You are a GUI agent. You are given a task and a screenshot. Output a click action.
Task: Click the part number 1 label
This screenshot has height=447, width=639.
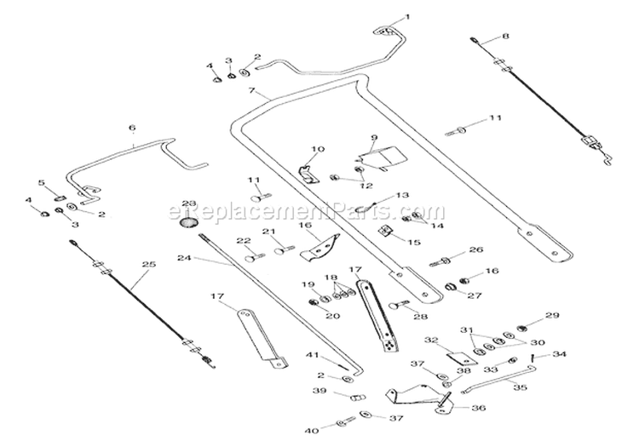pyautogui.click(x=406, y=18)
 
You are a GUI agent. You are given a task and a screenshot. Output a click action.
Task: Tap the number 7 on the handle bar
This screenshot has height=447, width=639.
pyautogui.click(x=251, y=90)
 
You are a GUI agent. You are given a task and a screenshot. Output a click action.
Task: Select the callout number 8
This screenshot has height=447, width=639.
pyautogui.click(x=505, y=37)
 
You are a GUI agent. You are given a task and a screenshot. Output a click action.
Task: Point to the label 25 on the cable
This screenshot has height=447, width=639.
pyautogui.click(x=149, y=264)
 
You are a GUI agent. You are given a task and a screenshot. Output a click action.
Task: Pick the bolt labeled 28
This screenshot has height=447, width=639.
pyautogui.click(x=399, y=305)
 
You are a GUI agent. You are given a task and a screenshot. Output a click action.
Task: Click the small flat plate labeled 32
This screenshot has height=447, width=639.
pyautogui.click(x=463, y=358)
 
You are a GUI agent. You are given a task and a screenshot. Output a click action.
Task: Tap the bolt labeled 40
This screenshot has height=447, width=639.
pyautogui.click(x=345, y=423)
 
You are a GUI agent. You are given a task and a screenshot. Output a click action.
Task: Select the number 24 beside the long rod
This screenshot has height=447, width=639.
pyautogui.click(x=184, y=258)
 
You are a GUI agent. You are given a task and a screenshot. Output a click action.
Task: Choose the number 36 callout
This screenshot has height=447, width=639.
pyautogui.click(x=480, y=408)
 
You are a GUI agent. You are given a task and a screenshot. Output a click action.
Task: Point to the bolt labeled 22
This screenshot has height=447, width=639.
pyautogui.click(x=255, y=258)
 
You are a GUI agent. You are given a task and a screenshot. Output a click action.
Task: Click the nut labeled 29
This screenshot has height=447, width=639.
pyautogui.click(x=521, y=327)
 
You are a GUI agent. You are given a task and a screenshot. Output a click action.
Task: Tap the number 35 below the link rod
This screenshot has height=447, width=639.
pyautogui.click(x=520, y=387)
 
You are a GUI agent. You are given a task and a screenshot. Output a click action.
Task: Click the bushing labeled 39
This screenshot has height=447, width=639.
pyautogui.click(x=358, y=397)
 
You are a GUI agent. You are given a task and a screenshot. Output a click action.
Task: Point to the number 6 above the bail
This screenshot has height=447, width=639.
pyautogui.click(x=132, y=128)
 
